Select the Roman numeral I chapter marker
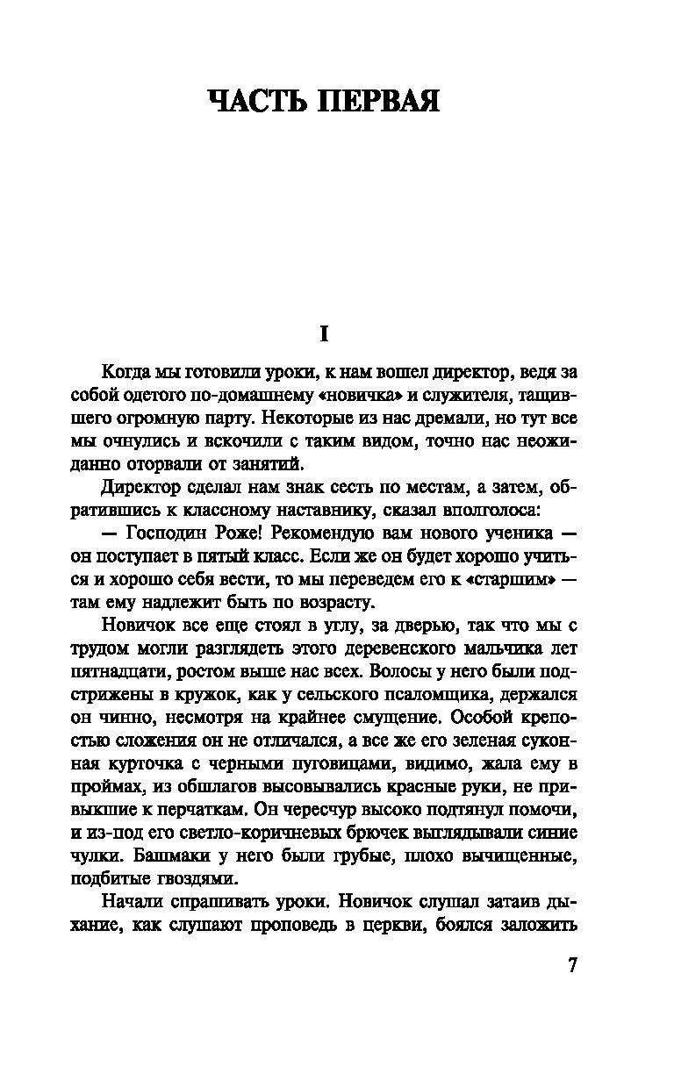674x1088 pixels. tap(324, 333)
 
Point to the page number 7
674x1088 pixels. tap(572, 964)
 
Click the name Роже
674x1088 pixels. tap(237, 532)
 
